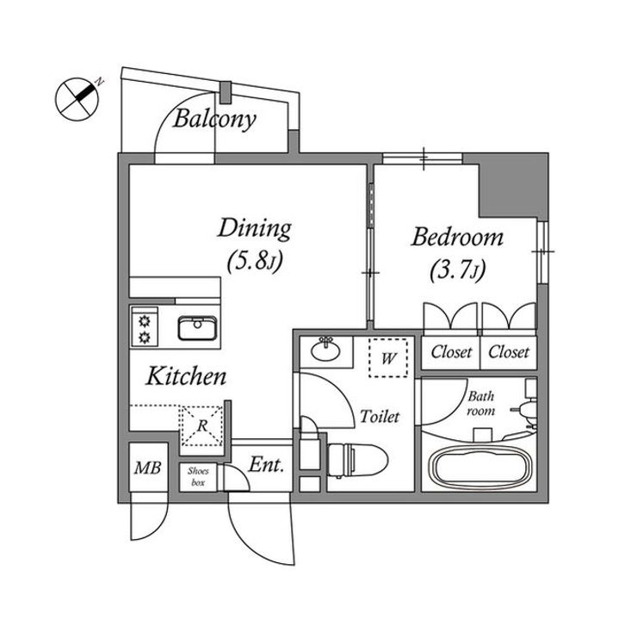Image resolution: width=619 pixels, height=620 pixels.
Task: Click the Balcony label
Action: [x=214, y=119]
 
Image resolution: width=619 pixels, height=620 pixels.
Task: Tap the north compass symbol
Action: [x=77, y=98]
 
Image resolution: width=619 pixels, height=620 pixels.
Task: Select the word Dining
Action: [x=255, y=228]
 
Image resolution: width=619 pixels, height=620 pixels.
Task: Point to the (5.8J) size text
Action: [x=255, y=262]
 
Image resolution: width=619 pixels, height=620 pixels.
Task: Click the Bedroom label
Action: [x=457, y=237]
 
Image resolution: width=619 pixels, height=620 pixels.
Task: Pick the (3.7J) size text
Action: [x=457, y=270]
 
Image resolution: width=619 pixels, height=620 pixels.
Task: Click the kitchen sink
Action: [x=197, y=328]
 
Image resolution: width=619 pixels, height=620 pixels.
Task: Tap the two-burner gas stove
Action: [x=145, y=326]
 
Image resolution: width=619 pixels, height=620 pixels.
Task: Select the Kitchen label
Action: [x=186, y=376]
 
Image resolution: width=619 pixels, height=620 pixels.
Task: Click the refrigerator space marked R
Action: [x=201, y=426]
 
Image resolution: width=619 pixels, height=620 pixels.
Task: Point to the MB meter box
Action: [x=148, y=468]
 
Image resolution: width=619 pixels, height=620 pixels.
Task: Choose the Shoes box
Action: [x=198, y=476]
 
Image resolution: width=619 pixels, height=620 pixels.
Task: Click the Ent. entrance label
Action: [x=266, y=465]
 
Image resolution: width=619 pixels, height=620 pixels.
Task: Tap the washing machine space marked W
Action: [x=388, y=358]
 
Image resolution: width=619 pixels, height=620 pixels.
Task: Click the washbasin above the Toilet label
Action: [x=325, y=350]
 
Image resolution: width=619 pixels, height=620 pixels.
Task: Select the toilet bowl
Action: [x=357, y=461]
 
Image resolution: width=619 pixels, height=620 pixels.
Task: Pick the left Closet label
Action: [x=451, y=351]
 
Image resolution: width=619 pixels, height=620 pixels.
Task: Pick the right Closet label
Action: [x=509, y=351]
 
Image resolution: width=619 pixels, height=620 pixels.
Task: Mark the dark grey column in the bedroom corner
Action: [x=513, y=185]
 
